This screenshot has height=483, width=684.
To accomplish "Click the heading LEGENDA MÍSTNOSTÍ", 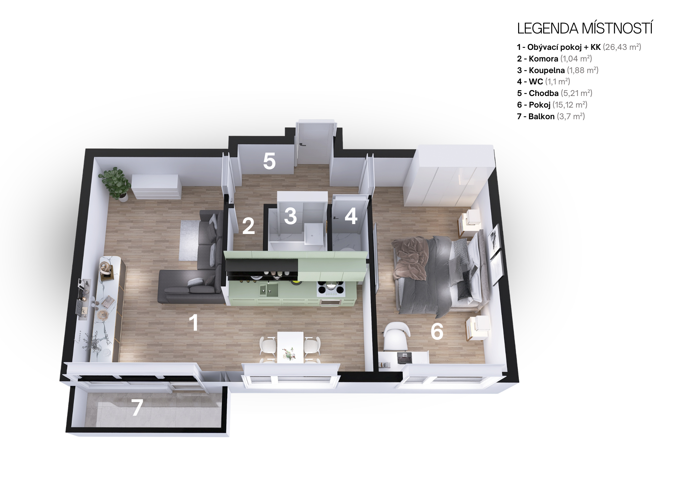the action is [585, 28].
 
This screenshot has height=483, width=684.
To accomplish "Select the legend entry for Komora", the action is [554, 59].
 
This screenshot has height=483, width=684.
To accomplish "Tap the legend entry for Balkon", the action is [551, 116].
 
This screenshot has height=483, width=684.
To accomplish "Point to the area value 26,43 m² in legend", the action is [622, 47].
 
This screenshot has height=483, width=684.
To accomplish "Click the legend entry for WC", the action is [543, 82].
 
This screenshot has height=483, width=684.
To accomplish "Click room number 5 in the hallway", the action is [269, 161].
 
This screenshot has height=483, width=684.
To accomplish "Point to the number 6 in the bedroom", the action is [437, 331].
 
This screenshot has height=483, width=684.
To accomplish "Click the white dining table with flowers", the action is [290, 347].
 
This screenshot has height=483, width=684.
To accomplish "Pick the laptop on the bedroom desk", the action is [404, 358].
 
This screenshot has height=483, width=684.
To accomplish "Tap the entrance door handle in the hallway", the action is [302, 145].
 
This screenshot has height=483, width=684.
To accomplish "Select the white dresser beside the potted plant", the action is [157, 187].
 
